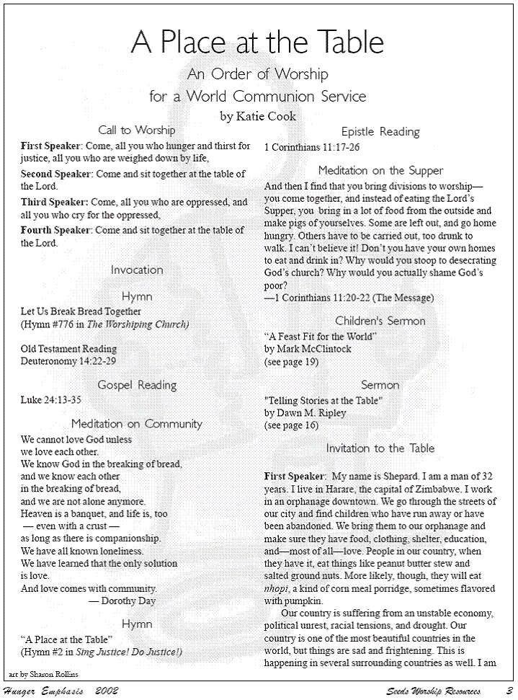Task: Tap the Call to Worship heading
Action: tap(137, 130)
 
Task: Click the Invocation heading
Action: tap(137, 270)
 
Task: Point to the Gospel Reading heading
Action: tap(137, 385)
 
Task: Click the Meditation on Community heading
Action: tap(137, 424)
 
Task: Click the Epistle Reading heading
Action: tap(380, 132)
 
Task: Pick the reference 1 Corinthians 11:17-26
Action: tap(312, 147)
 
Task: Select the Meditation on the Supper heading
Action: tap(380, 171)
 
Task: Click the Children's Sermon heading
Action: tap(380, 321)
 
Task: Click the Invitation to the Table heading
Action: tap(380, 448)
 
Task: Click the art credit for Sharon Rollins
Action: tap(44, 674)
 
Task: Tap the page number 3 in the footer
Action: tap(509, 691)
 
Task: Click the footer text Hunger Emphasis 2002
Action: tap(61, 691)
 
